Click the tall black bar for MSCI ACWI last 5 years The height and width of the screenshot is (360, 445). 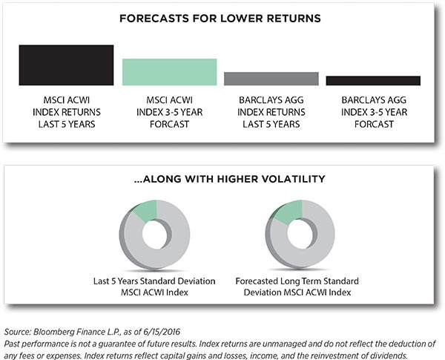pos(66,65)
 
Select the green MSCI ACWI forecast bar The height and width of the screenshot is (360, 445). pos(169,72)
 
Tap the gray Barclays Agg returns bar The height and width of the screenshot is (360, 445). pos(271,79)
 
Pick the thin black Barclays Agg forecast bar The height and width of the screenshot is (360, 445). pos(373,81)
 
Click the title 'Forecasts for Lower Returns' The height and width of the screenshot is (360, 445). pos(220,19)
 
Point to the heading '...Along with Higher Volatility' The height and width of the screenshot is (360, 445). pos(229,179)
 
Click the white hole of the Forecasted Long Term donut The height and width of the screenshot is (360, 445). pos(300,234)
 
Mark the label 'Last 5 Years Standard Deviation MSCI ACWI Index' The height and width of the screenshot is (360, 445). pos(154,287)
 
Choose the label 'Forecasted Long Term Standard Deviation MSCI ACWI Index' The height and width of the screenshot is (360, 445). pos(297,287)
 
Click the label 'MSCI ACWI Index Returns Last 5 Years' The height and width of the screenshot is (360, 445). pos(67,112)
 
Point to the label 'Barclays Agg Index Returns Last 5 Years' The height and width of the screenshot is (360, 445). pos(271,112)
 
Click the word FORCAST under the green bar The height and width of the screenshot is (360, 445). pos(169,124)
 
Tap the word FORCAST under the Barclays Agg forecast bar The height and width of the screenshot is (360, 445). pos(374,124)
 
